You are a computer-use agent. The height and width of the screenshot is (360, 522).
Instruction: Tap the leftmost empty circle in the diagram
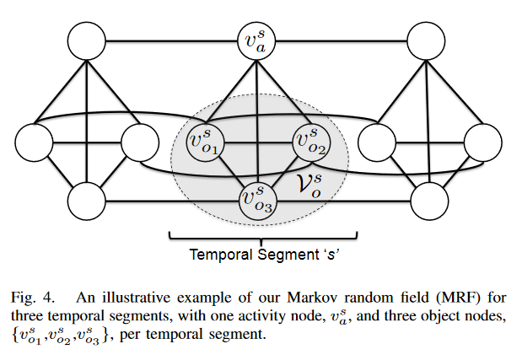coord(34,142)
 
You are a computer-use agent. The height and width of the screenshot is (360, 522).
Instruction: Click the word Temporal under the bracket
coord(218,253)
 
